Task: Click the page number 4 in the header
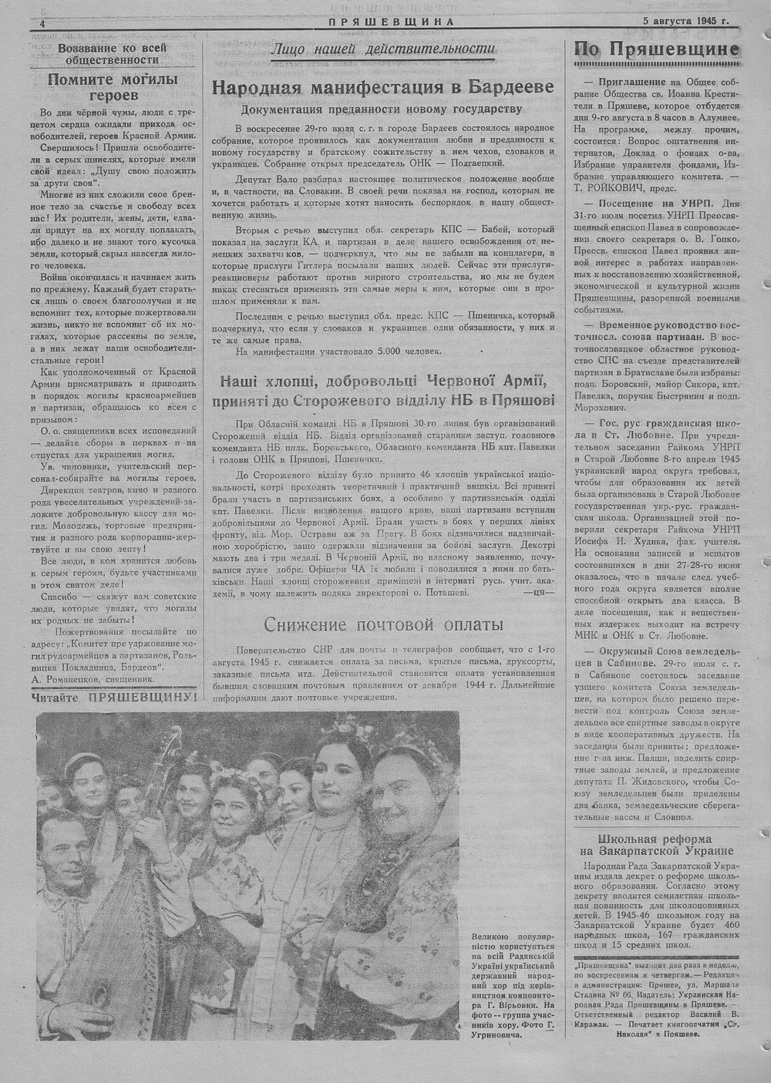[x=34, y=23]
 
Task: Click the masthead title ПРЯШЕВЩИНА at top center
[x=390, y=22]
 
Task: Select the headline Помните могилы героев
[x=113, y=86]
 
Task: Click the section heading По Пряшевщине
[x=657, y=50]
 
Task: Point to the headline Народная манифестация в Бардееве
[x=382, y=87]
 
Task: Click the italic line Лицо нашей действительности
[x=382, y=50]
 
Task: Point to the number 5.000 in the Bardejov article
[x=367, y=351]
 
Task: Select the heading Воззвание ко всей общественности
[x=113, y=52]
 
